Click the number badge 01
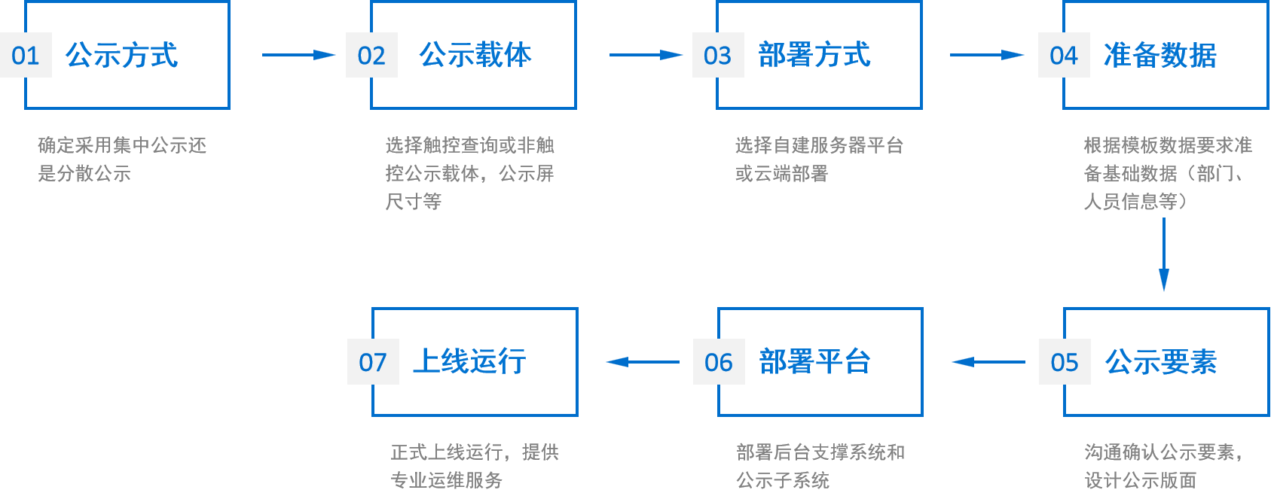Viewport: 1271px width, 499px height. point(26,55)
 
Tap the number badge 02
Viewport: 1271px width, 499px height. point(371,55)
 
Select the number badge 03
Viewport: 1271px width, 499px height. point(718,55)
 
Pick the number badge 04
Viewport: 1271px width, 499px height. point(1064,55)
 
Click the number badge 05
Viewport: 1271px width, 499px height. point(1065,362)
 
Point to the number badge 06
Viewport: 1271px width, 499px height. point(719,362)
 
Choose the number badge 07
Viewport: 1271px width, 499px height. point(373,362)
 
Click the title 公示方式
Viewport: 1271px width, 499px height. point(121,55)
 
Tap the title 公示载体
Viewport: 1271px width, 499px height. point(475,55)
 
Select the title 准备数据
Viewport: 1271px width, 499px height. point(1159,55)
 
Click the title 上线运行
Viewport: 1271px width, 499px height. point(469,361)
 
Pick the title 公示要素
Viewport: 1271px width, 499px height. point(1161,362)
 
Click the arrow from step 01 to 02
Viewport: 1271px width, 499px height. point(298,55)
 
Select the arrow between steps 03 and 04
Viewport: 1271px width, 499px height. point(987,55)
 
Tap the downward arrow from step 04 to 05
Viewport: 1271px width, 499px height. point(1164,254)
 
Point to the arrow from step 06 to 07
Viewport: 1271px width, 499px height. point(643,362)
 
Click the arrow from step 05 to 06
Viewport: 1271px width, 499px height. point(988,362)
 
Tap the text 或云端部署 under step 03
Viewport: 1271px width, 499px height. point(781,174)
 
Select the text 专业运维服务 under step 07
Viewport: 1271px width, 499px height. point(446,480)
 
